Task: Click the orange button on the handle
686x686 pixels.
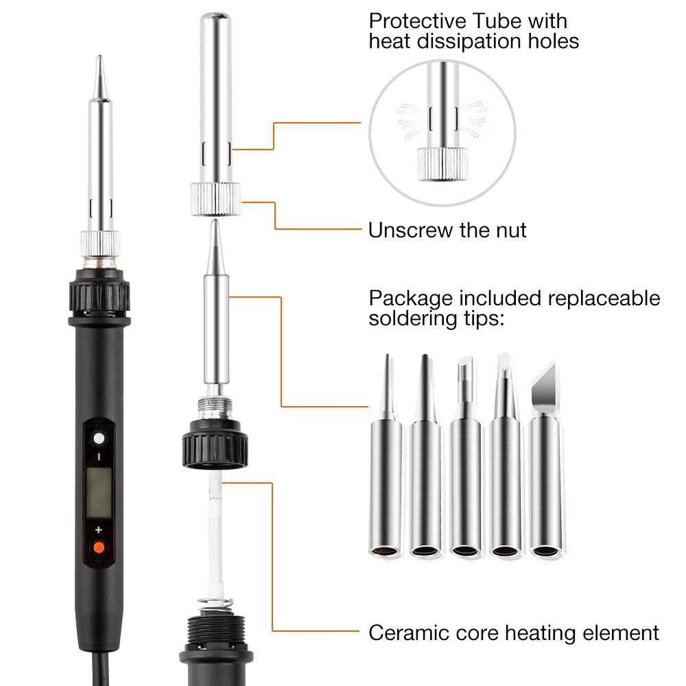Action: click(x=99, y=547)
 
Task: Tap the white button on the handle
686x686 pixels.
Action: click(x=99, y=438)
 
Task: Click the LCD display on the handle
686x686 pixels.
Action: click(x=98, y=492)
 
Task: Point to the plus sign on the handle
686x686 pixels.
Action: click(x=98, y=530)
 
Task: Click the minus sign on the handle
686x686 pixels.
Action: click(x=99, y=457)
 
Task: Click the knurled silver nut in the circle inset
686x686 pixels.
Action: click(x=442, y=164)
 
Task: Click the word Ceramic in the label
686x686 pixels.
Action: click(x=409, y=632)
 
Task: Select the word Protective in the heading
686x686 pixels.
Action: click(x=417, y=21)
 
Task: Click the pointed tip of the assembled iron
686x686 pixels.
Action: click(x=99, y=56)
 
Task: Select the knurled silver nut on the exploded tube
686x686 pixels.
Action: click(x=215, y=200)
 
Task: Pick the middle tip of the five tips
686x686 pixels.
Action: click(x=466, y=457)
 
